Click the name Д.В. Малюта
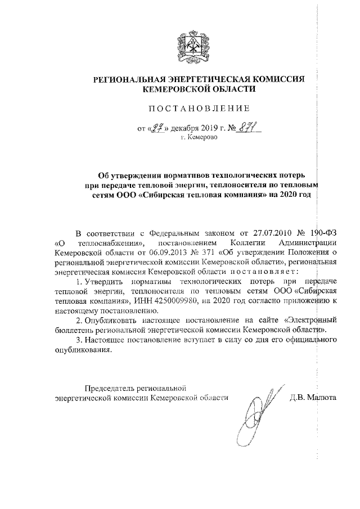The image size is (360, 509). pyautogui.click(x=313, y=397)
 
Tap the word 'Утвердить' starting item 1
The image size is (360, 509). pyautogui.click(x=101, y=280)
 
